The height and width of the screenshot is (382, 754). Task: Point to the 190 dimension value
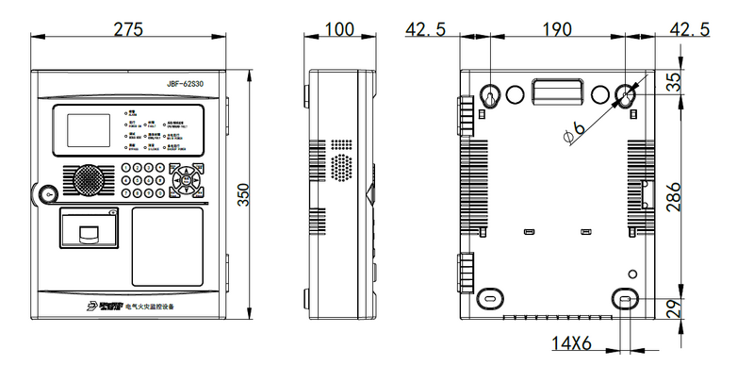click(557, 27)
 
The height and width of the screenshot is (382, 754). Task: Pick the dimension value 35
click(673, 83)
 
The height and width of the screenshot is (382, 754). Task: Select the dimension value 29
click(673, 309)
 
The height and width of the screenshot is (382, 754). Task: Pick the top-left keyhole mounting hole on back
click(490, 97)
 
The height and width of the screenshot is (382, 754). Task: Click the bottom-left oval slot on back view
click(490, 295)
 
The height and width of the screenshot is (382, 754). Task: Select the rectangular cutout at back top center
click(557, 91)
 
